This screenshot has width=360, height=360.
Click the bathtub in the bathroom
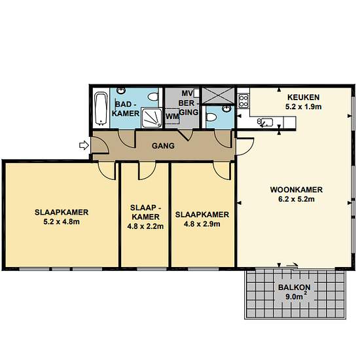click(x=101, y=109)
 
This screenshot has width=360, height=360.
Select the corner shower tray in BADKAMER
click(x=152, y=118)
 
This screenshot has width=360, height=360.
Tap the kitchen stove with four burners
click(x=243, y=101)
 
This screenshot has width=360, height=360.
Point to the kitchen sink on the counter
click(x=265, y=122)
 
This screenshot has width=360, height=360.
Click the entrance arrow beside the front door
click(x=84, y=145)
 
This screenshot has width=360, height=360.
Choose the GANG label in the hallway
click(x=163, y=145)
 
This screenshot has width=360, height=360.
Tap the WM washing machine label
click(x=172, y=117)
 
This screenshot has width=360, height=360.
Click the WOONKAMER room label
click(x=297, y=190)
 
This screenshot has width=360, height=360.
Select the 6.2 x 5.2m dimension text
click(x=297, y=199)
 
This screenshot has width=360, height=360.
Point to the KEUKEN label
click(x=303, y=98)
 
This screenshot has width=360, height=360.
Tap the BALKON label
click(x=295, y=287)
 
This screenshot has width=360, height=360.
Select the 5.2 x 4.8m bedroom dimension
click(x=62, y=222)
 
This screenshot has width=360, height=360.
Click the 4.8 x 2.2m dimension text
click(x=145, y=226)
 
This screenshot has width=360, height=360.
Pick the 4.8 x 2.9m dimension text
click(x=202, y=224)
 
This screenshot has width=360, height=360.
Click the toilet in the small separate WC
click(x=211, y=117)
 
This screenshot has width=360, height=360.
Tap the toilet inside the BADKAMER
click(x=153, y=96)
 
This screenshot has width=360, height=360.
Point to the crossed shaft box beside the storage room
click(x=218, y=95)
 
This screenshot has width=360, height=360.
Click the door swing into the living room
click(x=245, y=147)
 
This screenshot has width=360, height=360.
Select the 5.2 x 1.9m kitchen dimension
click(x=303, y=107)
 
